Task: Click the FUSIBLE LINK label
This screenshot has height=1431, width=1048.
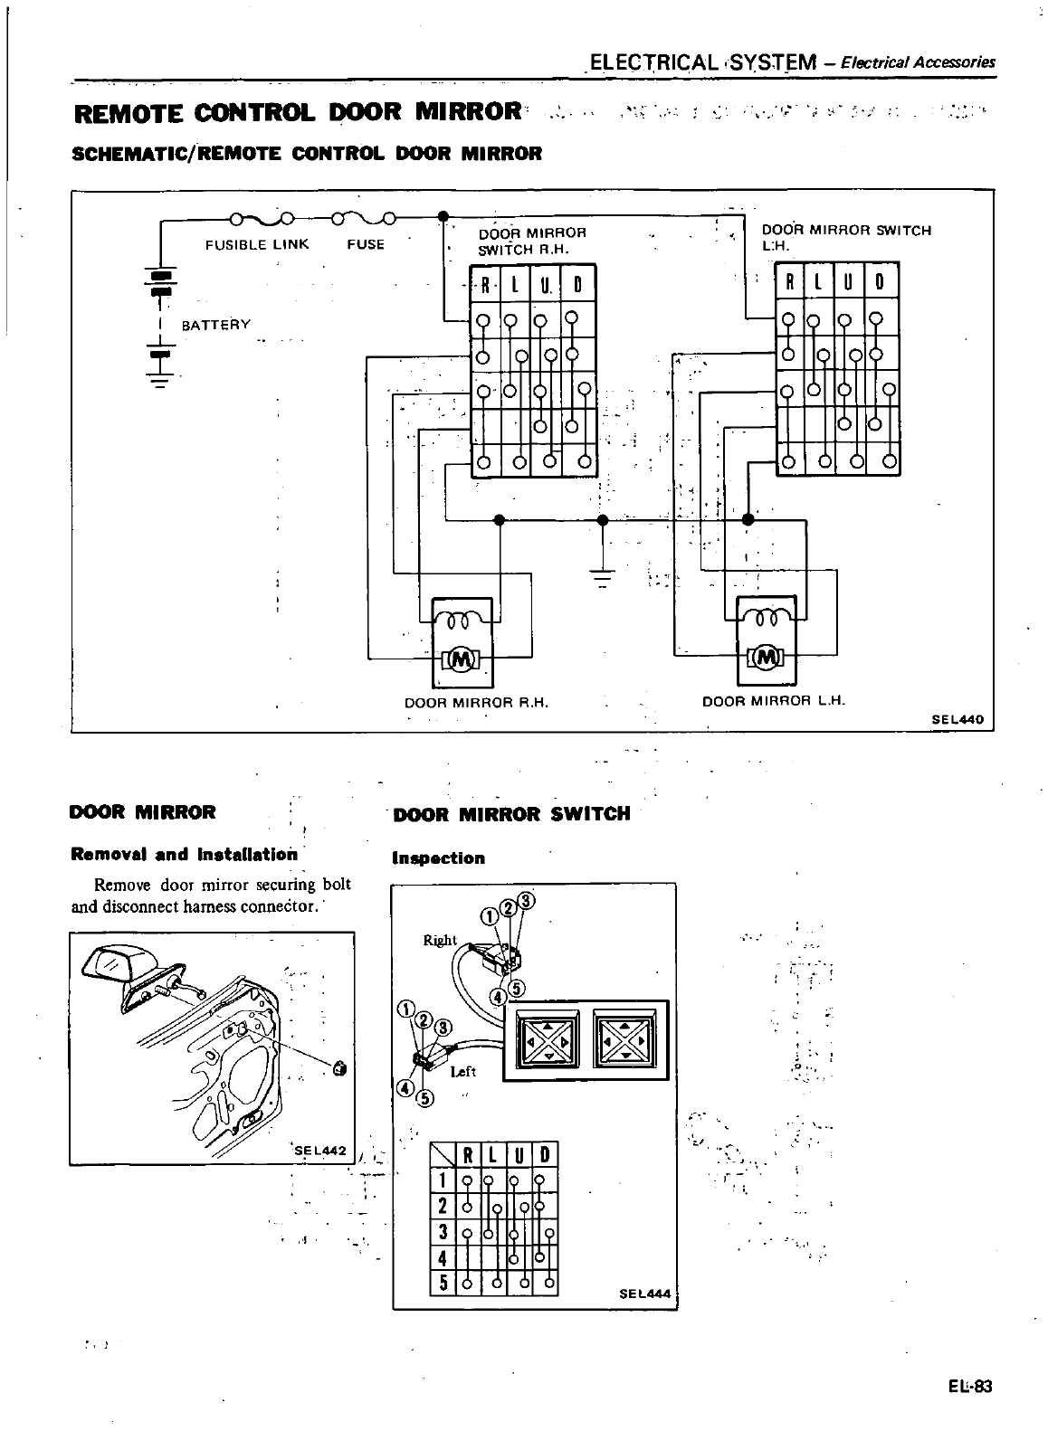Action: [257, 244]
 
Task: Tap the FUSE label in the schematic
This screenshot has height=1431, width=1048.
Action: [366, 244]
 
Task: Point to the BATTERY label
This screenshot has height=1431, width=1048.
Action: [216, 325]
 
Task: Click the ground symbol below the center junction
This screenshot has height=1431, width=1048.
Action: [603, 573]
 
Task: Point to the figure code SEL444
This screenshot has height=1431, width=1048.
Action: [645, 1294]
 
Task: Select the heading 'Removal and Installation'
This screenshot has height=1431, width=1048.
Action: [184, 854]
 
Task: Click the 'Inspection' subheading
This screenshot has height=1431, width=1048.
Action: [438, 858]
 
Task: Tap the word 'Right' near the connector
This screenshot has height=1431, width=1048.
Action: [440, 940]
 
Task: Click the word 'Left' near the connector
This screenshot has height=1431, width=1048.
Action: [462, 1072]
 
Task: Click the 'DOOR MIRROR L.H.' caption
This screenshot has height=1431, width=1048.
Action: [773, 700]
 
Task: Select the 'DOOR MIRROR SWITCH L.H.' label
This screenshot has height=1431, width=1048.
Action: [845, 237]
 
